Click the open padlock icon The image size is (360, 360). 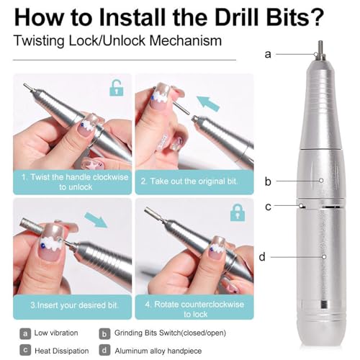point(116,89)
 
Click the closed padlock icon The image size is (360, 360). point(236,212)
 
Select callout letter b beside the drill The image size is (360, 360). point(269,181)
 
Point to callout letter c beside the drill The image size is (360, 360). point(269,207)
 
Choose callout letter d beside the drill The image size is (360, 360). point(269,256)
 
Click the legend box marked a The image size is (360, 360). point(25,333)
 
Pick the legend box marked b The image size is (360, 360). point(104,333)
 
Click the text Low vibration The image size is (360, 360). point(58,333)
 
